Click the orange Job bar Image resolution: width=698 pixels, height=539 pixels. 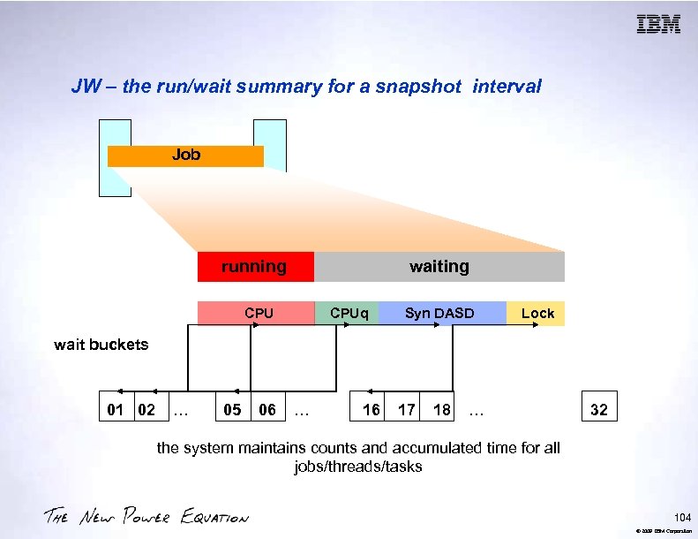[185, 156]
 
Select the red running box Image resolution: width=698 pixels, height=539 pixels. [255, 267]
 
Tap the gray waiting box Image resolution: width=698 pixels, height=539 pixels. [439, 267]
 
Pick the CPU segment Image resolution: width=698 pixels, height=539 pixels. [258, 314]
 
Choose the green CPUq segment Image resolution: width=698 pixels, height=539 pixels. [347, 314]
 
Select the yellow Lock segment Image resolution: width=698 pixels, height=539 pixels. [537, 314]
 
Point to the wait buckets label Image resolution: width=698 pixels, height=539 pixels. [101, 345]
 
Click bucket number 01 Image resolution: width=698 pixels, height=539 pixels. [115, 410]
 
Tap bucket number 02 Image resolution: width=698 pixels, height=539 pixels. [146, 410]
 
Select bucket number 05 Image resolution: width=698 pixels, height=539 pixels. [233, 410]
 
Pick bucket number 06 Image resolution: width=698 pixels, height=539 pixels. [266, 410]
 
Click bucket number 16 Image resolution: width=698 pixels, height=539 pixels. [372, 410]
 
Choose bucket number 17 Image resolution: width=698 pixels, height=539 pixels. [406, 410]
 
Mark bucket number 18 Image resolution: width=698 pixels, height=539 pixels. [441, 410]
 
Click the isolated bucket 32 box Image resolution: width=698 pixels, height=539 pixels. [598, 410]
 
